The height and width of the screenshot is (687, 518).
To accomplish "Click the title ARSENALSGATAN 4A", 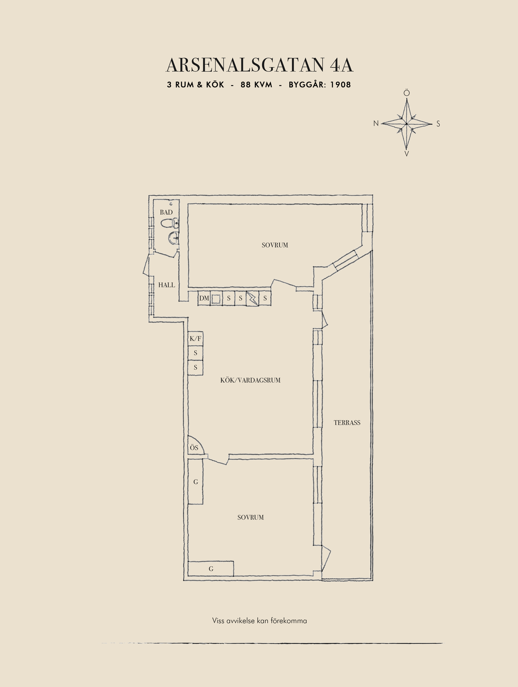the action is click(259, 65).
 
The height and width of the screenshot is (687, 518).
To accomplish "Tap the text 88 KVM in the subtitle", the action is click(256, 85).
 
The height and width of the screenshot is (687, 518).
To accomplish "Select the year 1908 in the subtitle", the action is click(341, 85).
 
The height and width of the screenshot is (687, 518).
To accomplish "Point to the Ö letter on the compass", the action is click(407, 93).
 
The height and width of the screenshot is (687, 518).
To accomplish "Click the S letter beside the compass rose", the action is click(438, 124).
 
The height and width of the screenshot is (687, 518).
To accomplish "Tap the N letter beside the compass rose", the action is click(376, 123).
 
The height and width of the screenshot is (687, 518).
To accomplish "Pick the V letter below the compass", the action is click(406, 154).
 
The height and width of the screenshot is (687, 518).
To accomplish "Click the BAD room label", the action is click(166, 212).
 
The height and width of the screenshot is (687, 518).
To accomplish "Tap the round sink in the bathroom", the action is click(174, 237).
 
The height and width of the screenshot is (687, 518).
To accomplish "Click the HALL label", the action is click(167, 285).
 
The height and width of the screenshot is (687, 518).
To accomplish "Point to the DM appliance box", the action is click(204, 298).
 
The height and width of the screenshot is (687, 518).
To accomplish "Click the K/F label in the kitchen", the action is click(195, 338).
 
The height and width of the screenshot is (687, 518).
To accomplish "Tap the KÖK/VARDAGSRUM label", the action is click(250, 380).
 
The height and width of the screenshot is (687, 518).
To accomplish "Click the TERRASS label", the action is click(347, 423).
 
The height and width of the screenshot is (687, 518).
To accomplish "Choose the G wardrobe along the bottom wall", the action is click(211, 569).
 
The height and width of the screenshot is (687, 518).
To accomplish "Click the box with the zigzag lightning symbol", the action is click(253, 298).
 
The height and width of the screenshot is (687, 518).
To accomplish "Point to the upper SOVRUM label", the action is click(275, 245).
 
